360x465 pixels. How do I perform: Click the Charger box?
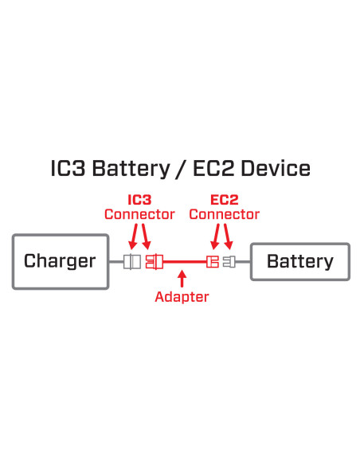coord(60,261)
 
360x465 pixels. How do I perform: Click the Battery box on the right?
coord(299,261)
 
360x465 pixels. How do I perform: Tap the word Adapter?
coord(182,297)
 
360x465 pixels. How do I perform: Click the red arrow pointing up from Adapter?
coord(182,279)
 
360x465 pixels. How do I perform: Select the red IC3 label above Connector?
coord(139,199)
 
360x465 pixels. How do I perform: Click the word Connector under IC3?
coord(139,214)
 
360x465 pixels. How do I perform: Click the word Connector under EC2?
coord(224,214)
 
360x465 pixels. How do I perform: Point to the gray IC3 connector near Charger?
coord(131,261)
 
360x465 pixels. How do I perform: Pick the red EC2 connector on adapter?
coord(212,261)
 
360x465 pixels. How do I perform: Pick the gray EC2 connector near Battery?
coord(229,261)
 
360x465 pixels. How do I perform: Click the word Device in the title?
coord(276,169)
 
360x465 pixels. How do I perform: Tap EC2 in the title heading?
coord(215,169)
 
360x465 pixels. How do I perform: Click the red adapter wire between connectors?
coord(183,261)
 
